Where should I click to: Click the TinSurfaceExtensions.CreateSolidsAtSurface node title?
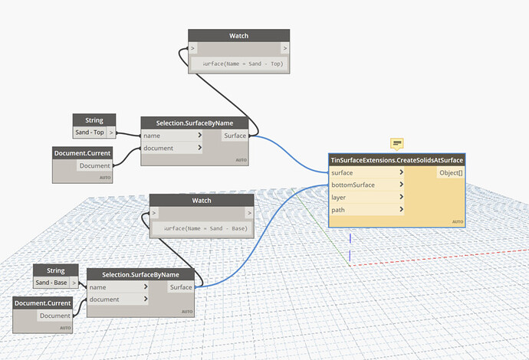pyautogui.click(x=396, y=160)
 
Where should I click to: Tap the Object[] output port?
pyautogui.click(x=450, y=173)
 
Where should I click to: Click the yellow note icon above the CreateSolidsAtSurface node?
pyautogui.click(x=397, y=143)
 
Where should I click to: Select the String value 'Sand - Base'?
pyautogui.click(x=52, y=283)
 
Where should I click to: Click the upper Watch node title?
pyautogui.click(x=238, y=35)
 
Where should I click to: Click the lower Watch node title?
pyautogui.click(x=201, y=200)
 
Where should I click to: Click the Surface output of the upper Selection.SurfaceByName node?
pyautogui.click(x=236, y=136)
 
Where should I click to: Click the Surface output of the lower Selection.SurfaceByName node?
pyautogui.click(x=182, y=287)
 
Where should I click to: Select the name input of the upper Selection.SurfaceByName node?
pyautogui.click(x=172, y=136)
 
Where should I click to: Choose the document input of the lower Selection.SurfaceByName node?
pyautogui.click(x=118, y=299)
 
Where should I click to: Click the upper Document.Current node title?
pyautogui.click(x=84, y=153)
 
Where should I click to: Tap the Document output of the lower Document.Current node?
pyautogui.click(x=54, y=316)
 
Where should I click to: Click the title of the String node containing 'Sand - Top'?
pyautogui.click(x=94, y=120)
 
